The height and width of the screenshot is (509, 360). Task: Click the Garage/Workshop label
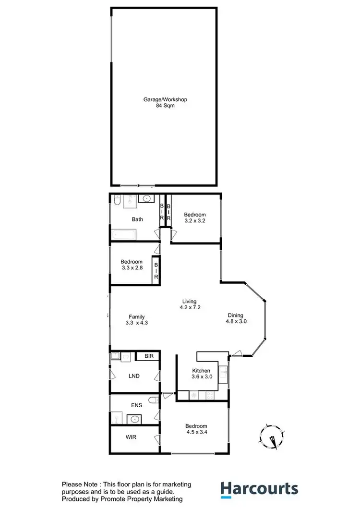click(x=165, y=99)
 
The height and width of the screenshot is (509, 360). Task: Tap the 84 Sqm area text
click(x=165, y=106)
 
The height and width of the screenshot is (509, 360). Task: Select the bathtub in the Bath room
click(x=124, y=235)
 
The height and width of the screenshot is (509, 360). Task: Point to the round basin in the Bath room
click(x=146, y=198)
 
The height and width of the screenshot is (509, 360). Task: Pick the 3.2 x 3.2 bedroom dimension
click(x=195, y=221)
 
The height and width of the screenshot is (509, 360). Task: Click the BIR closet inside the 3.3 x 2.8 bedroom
click(x=156, y=271)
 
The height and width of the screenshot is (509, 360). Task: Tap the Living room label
click(x=189, y=301)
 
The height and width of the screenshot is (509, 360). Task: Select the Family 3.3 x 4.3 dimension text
click(x=136, y=323)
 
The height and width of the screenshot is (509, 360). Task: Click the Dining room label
click(x=237, y=315)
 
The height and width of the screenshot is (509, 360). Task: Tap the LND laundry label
click(x=134, y=376)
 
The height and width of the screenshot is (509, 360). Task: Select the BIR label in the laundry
click(x=146, y=356)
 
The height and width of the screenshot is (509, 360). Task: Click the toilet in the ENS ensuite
click(x=153, y=400)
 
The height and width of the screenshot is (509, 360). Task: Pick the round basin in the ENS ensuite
click(x=135, y=419)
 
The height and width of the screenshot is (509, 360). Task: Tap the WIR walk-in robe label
click(x=132, y=438)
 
